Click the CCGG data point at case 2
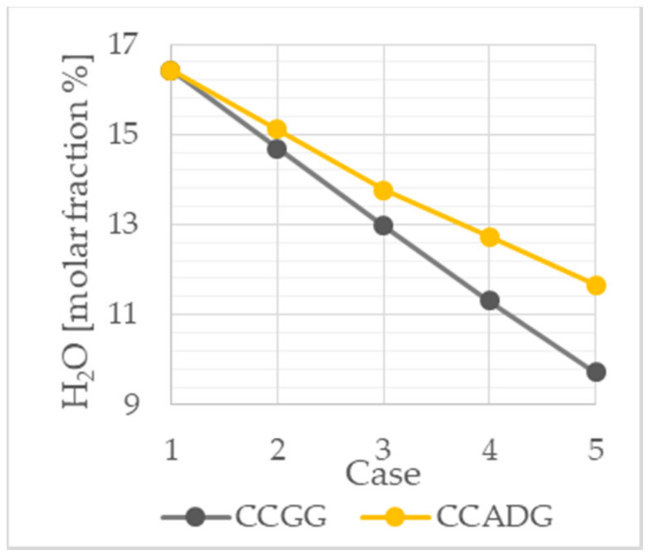click(x=277, y=149)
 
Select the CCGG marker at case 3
click(x=383, y=226)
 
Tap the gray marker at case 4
click(x=490, y=300)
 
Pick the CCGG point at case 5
click(x=596, y=372)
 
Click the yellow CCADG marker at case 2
click(x=277, y=129)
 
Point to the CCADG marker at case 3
click(x=383, y=191)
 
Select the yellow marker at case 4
click(x=490, y=237)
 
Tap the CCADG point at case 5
click(x=596, y=285)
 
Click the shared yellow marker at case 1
click(x=171, y=71)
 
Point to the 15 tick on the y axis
click(x=123, y=134)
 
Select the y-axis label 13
click(x=123, y=224)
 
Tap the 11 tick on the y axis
click(x=123, y=314)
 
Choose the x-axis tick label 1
click(x=171, y=450)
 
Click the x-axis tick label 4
click(x=490, y=450)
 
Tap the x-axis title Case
click(x=383, y=474)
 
